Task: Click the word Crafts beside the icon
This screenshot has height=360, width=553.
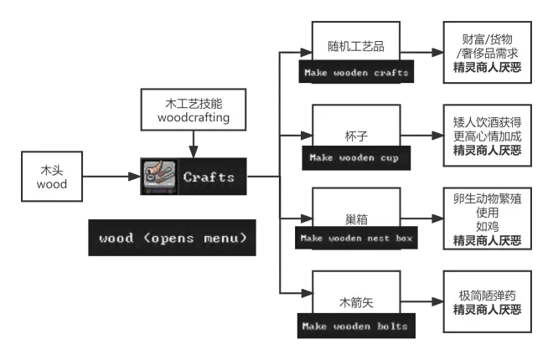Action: coord(209,177)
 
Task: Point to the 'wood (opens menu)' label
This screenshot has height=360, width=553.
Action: coord(173,238)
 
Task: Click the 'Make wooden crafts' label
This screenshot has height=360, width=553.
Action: coord(356,73)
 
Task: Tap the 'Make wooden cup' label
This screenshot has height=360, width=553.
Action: coord(354,157)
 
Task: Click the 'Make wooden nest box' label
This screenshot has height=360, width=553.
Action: coord(357,239)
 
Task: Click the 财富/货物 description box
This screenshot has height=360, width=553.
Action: coord(487,53)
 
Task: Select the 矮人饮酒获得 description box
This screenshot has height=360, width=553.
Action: coord(487,136)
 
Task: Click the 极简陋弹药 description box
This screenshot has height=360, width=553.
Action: coord(487,302)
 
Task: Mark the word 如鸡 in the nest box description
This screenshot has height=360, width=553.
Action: coord(487,226)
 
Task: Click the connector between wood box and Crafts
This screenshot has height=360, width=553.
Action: coord(110,177)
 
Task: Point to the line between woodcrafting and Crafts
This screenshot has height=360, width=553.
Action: coord(194,143)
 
